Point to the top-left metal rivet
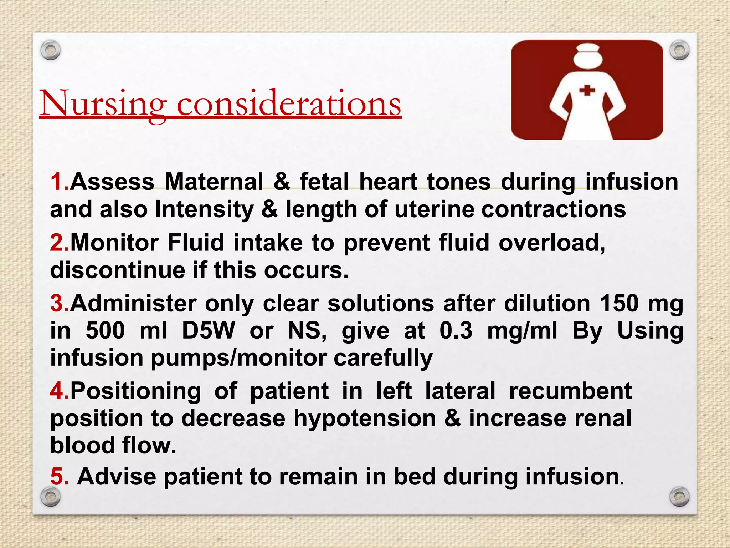coord(50,51)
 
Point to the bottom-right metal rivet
coord(679,497)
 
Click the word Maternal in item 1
coord(214,182)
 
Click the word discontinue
coord(118,270)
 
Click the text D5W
coord(208,331)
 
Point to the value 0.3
coord(456,331)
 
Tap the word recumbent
coord(570,391)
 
